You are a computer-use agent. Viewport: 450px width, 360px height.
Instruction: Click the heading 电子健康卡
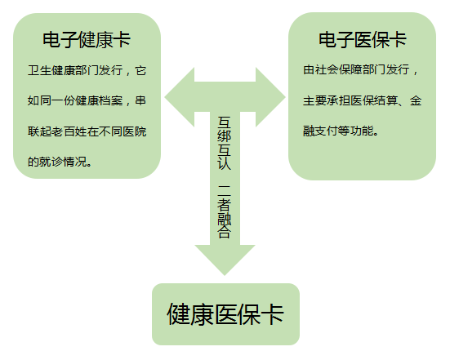(87, 40)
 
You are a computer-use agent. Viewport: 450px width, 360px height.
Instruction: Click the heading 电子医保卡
(363, 40)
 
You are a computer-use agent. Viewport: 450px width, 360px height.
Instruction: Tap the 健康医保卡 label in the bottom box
(225, 314)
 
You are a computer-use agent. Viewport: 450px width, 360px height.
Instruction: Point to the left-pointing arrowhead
(180, 97)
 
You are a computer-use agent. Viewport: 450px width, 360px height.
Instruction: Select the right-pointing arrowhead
(270, 97)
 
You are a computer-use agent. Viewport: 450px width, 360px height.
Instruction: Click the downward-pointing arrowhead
(225, 260)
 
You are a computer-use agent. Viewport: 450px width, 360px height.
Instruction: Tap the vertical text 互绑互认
(224, 143)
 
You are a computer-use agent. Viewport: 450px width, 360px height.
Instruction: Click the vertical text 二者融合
(224, 211)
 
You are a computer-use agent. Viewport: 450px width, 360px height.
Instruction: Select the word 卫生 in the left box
(39, 70)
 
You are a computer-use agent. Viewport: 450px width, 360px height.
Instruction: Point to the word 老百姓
(69, 131)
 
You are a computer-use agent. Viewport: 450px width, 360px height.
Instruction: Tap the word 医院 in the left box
(135, 131)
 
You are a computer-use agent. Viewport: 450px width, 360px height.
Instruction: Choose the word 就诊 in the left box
(51, 162)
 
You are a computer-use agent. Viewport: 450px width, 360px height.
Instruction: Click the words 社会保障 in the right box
(339, 69)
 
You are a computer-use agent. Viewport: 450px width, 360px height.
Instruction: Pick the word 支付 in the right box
(327, 131)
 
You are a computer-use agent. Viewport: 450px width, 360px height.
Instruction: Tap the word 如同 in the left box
(39, 100)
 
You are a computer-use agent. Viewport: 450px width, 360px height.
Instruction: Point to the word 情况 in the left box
(75, 162)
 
